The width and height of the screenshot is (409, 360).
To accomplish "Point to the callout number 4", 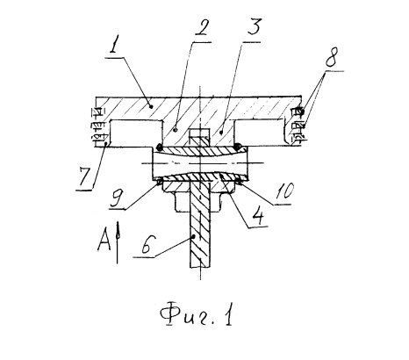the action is tap(259, 216).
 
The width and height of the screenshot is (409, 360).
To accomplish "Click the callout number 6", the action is tap(147, 244).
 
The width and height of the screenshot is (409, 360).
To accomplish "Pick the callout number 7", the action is tap(85, 178).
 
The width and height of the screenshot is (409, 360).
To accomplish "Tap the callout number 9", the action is tap(116, 199).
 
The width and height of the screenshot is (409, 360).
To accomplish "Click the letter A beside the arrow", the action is tap(104, 240).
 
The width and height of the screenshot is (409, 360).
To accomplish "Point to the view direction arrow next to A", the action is tap(118, 242).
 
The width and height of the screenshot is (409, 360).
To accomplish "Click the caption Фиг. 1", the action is tap(197, 314).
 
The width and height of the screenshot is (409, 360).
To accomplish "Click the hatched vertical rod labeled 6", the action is tap(200, 224).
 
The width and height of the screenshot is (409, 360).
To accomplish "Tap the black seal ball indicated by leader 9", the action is tap(160, 182).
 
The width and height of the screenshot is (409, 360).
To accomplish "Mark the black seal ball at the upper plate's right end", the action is tap(238, 146).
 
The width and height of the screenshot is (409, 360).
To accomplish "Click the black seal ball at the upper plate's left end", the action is tap(160, 147).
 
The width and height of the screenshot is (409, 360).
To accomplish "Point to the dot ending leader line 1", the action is tap(151, 107).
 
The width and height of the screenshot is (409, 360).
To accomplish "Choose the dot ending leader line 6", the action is tap(194, 235).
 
